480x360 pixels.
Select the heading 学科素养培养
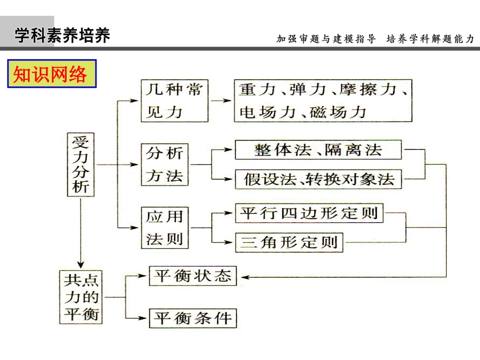coord(62,36)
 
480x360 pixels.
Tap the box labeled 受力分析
coord(81,164)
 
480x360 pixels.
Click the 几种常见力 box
coord(174,101)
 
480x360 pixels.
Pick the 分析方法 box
coord(165,165)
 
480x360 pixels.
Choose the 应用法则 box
coord(165,228)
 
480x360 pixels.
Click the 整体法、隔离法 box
coord(318,150)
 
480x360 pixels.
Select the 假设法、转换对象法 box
coord(318,179)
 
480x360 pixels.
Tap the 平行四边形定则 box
coord(309,213)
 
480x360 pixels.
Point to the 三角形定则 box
coord(289,242)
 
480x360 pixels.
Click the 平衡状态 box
coord(193,276)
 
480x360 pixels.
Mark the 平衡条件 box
coord(193,318)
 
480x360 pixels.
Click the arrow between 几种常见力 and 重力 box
coord(220,100)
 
